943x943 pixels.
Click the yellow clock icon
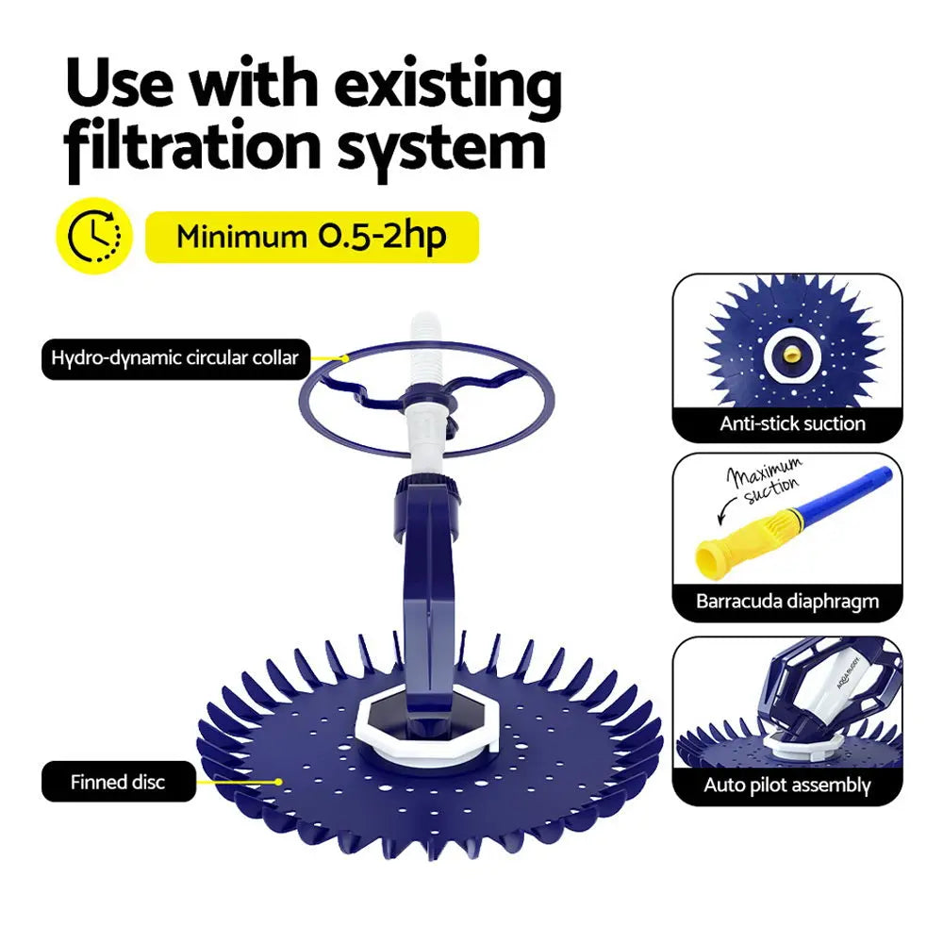tap(94, 235)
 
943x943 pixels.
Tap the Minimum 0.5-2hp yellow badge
tap(312, 237)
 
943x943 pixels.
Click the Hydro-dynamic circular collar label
tap(175, 358)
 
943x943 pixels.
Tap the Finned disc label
tap(119, 782)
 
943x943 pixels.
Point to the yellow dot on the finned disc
tap(279, 782)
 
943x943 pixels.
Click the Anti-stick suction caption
tap(792, 423)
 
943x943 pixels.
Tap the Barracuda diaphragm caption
tap(787, 601)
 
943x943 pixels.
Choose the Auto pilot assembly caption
tap(787, 785)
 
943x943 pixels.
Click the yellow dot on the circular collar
tap(346, 358)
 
